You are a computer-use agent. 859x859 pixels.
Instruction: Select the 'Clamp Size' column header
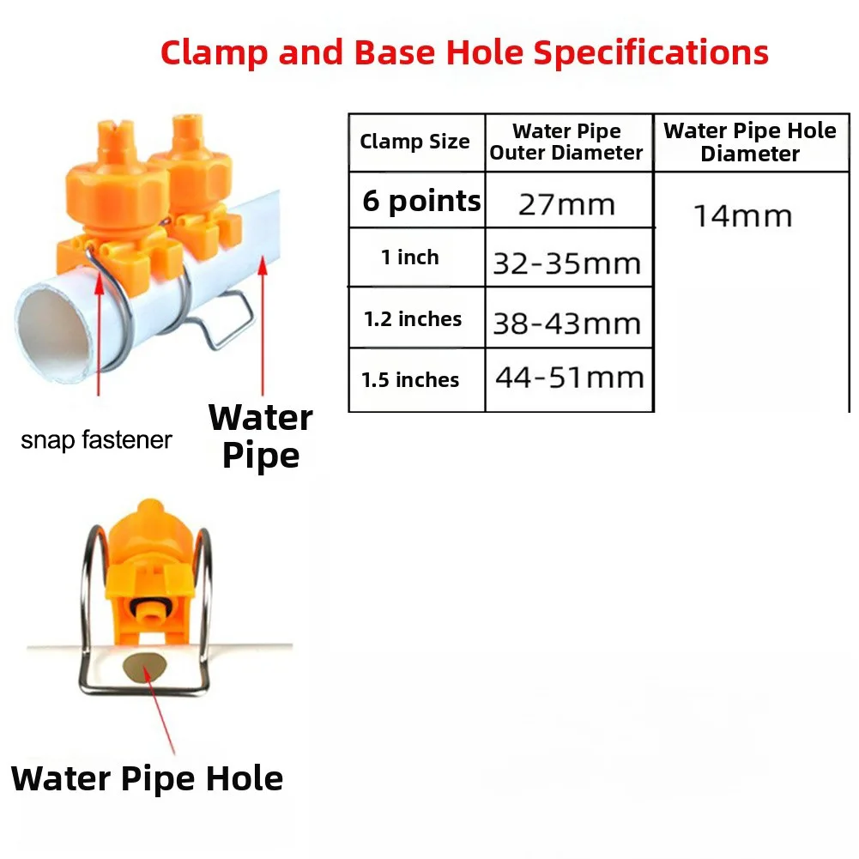click(414, 142)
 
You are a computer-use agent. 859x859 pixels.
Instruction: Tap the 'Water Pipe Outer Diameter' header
click(566, 142)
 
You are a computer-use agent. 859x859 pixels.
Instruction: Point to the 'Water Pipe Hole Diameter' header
click(750, 142)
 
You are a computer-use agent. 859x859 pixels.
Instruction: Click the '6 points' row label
click(421, 201)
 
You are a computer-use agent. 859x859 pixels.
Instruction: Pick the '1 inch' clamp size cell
click(410, 257)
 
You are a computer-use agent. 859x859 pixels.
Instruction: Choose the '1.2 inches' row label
click(413, 319)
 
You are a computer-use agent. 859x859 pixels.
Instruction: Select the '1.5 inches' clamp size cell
click(410, 379)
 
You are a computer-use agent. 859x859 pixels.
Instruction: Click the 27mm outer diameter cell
click(567, 205)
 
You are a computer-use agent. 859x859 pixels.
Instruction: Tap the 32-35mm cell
click(567, 263)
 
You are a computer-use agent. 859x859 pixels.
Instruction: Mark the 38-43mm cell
click(567, 324)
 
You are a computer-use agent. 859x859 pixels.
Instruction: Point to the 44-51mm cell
click(570, 378)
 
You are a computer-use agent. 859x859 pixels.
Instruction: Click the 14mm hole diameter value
click(743, 216)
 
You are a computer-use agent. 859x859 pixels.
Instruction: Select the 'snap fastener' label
click(96, 440)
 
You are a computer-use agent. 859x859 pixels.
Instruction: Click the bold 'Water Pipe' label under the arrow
click(261, 437)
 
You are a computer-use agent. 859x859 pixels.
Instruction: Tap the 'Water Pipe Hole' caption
click(147, 779)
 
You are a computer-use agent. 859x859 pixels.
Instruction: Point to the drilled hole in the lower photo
click(145, 667)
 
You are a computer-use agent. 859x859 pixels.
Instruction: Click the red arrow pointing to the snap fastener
click(100, 333)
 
